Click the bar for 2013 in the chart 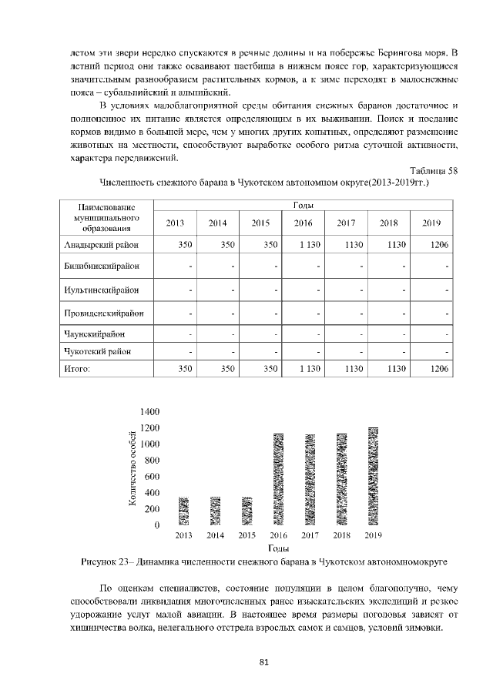(184, 511)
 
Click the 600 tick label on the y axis (151, 477)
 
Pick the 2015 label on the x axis (247, 534)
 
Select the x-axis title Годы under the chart (278, 548)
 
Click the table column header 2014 (218, 223)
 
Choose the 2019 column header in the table (431, 223)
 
